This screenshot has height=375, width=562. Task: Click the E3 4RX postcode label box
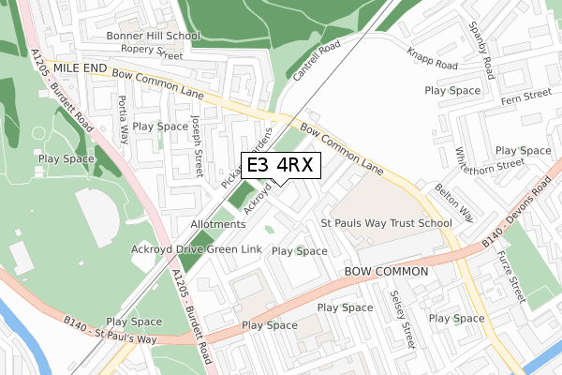point(281,165)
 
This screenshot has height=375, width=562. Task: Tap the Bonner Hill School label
point(153,37)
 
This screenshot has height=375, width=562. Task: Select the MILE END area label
point(81,69)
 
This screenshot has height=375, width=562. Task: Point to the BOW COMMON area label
point(386,271)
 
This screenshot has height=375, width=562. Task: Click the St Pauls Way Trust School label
point(386,224)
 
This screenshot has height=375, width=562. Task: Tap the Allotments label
point(217,225)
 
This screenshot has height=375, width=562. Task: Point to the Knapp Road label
point(431,58)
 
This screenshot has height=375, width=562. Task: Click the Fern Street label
point(526,94)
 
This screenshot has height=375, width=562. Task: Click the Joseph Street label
point(198,145)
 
